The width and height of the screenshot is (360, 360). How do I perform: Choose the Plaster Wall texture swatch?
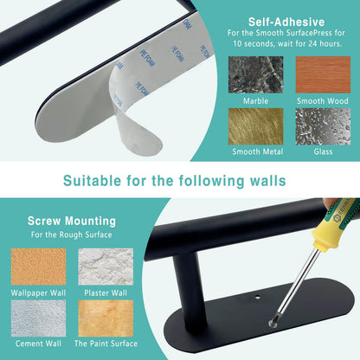coord(106,267)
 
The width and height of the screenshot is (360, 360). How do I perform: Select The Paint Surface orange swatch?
coord(106,318)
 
